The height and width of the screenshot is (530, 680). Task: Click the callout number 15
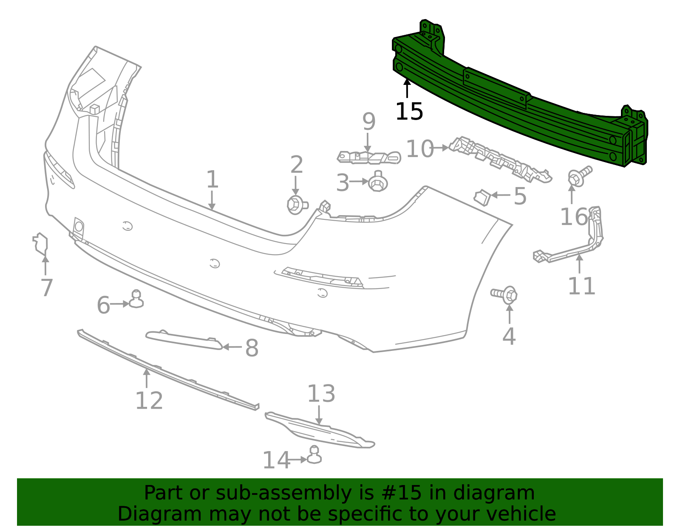pos(409,112)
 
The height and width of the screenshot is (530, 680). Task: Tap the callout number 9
pos(369,122)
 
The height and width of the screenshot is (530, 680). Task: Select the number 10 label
pos(419,149)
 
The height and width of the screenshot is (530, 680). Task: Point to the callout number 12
pos(149,401)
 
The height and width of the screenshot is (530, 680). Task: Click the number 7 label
pos(47,288)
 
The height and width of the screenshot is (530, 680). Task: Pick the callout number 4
pos(509,337)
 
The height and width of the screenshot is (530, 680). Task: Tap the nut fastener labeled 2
pos(296,205)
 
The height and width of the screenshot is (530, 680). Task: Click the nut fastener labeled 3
pos(377,182)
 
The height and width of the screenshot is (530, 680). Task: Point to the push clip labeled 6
pos(136,300)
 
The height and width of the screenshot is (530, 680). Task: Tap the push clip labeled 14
pos(314,455)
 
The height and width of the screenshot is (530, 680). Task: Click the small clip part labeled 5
pos(482,197)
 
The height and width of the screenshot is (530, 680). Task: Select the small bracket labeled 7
pos(41,244)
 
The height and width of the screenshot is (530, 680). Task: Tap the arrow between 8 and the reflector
pos(232,347)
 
